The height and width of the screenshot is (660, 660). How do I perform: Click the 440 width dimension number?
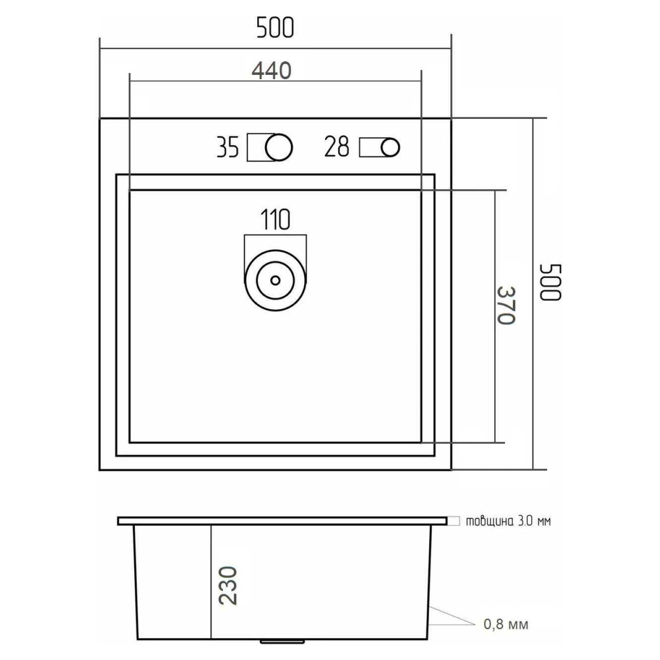[x=271, y=71]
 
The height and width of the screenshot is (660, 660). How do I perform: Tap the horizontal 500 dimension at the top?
[x=275, y=27]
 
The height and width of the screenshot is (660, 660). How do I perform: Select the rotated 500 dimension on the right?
[x=550, y=282]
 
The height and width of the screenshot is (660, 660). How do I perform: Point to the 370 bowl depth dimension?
[x=506, y=305]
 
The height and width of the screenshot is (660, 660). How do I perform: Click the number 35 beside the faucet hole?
[x=227, y=147]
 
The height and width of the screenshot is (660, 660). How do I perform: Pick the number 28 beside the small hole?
[x=336, y=147]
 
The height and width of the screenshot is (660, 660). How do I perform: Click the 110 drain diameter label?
[x=275, y=219]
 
